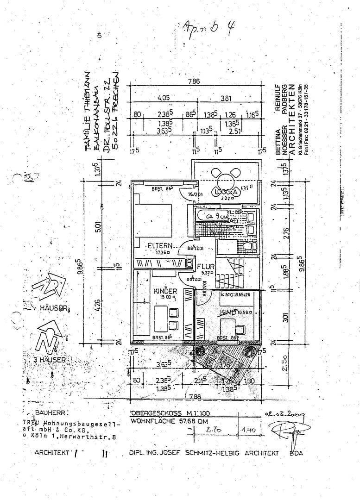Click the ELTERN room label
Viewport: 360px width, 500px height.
tap(160, 246)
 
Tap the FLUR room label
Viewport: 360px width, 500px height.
tap(205, 267)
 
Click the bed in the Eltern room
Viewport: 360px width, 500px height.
tap(153, 219)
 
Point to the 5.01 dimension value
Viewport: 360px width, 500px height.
tap(110, 227)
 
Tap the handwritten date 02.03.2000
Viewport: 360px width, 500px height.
tap(280, 416)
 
